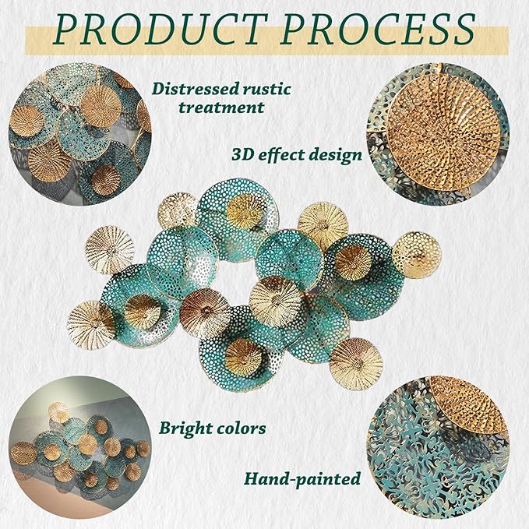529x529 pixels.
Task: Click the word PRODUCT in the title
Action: (161, 29)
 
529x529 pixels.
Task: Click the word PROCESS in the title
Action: (378, 29)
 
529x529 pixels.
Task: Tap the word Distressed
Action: (191, 89)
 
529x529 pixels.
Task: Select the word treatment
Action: (221, 108)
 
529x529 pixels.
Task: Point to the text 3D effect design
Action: (297, 155)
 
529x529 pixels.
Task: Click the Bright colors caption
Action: (213, 428)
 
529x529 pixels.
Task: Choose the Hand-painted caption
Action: (302, 479)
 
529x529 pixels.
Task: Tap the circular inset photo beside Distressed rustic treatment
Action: (80, 134)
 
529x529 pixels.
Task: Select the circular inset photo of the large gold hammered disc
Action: (438, 134)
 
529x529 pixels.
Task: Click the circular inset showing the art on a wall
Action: (80, 447)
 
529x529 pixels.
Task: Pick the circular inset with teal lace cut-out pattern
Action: (438, 447)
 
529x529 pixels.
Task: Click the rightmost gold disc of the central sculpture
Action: (417, 255)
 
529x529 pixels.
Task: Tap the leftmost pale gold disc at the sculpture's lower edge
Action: (91, 325)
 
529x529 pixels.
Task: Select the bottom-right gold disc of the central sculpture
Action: (356, 365)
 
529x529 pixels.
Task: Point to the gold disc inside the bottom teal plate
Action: (243, 358)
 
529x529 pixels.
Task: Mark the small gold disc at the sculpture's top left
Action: (178, 210)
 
